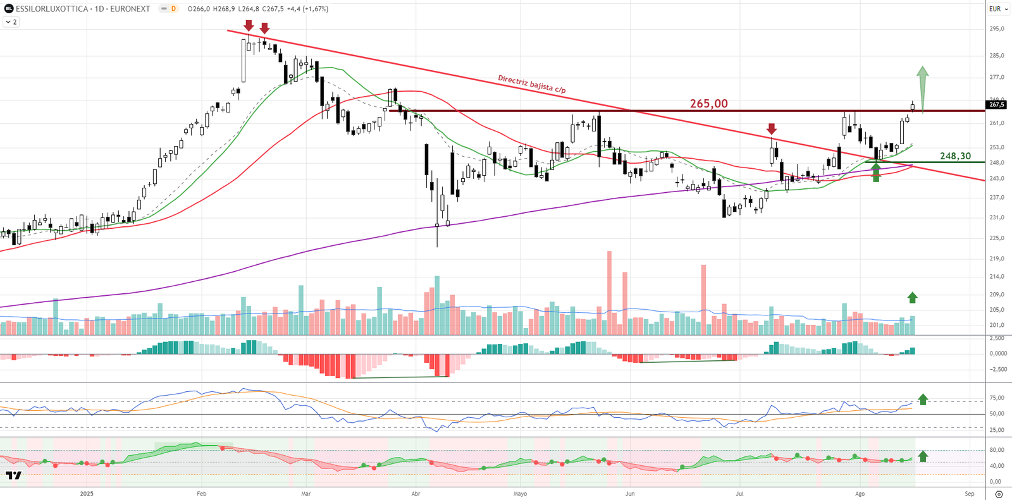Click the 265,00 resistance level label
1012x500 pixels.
(708, 104)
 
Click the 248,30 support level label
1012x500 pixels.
(955, 156)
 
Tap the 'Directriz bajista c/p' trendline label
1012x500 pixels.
(531, 84)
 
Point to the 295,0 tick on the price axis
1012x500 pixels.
(997, 29)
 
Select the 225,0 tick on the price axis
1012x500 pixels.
(997, 238)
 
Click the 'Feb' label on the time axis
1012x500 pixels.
(201, 494)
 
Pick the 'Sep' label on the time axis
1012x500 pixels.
(970, 494)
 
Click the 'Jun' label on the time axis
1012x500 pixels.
(630, 494)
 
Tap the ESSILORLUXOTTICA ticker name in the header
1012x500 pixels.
(52, 9)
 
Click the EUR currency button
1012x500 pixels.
(995, 9)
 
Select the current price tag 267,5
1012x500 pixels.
(997, 105)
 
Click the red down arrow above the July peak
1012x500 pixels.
(771, 130)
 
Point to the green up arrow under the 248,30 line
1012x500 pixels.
(876, 172)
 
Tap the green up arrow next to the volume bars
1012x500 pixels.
(912, 298)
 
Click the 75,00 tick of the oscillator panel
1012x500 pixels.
(997, 398)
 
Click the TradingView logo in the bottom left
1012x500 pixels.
(13, 475)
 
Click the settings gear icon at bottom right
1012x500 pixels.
(999, 494)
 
